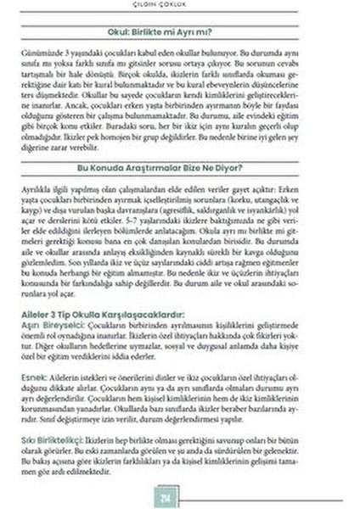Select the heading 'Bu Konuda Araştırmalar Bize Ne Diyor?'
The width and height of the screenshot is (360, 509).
pos(179,169)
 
